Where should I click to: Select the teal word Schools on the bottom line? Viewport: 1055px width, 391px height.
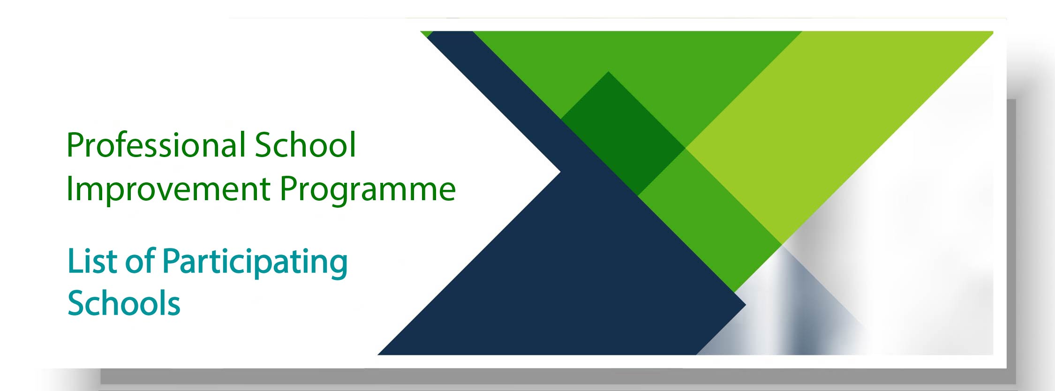click(124, 302)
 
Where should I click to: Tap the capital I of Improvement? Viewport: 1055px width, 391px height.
click(69, 189)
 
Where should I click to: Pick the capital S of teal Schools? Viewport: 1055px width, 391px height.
click(77, 303)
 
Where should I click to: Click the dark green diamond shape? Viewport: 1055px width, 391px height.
click(623, 133)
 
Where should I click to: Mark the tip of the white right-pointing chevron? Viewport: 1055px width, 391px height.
click(560, 172)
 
